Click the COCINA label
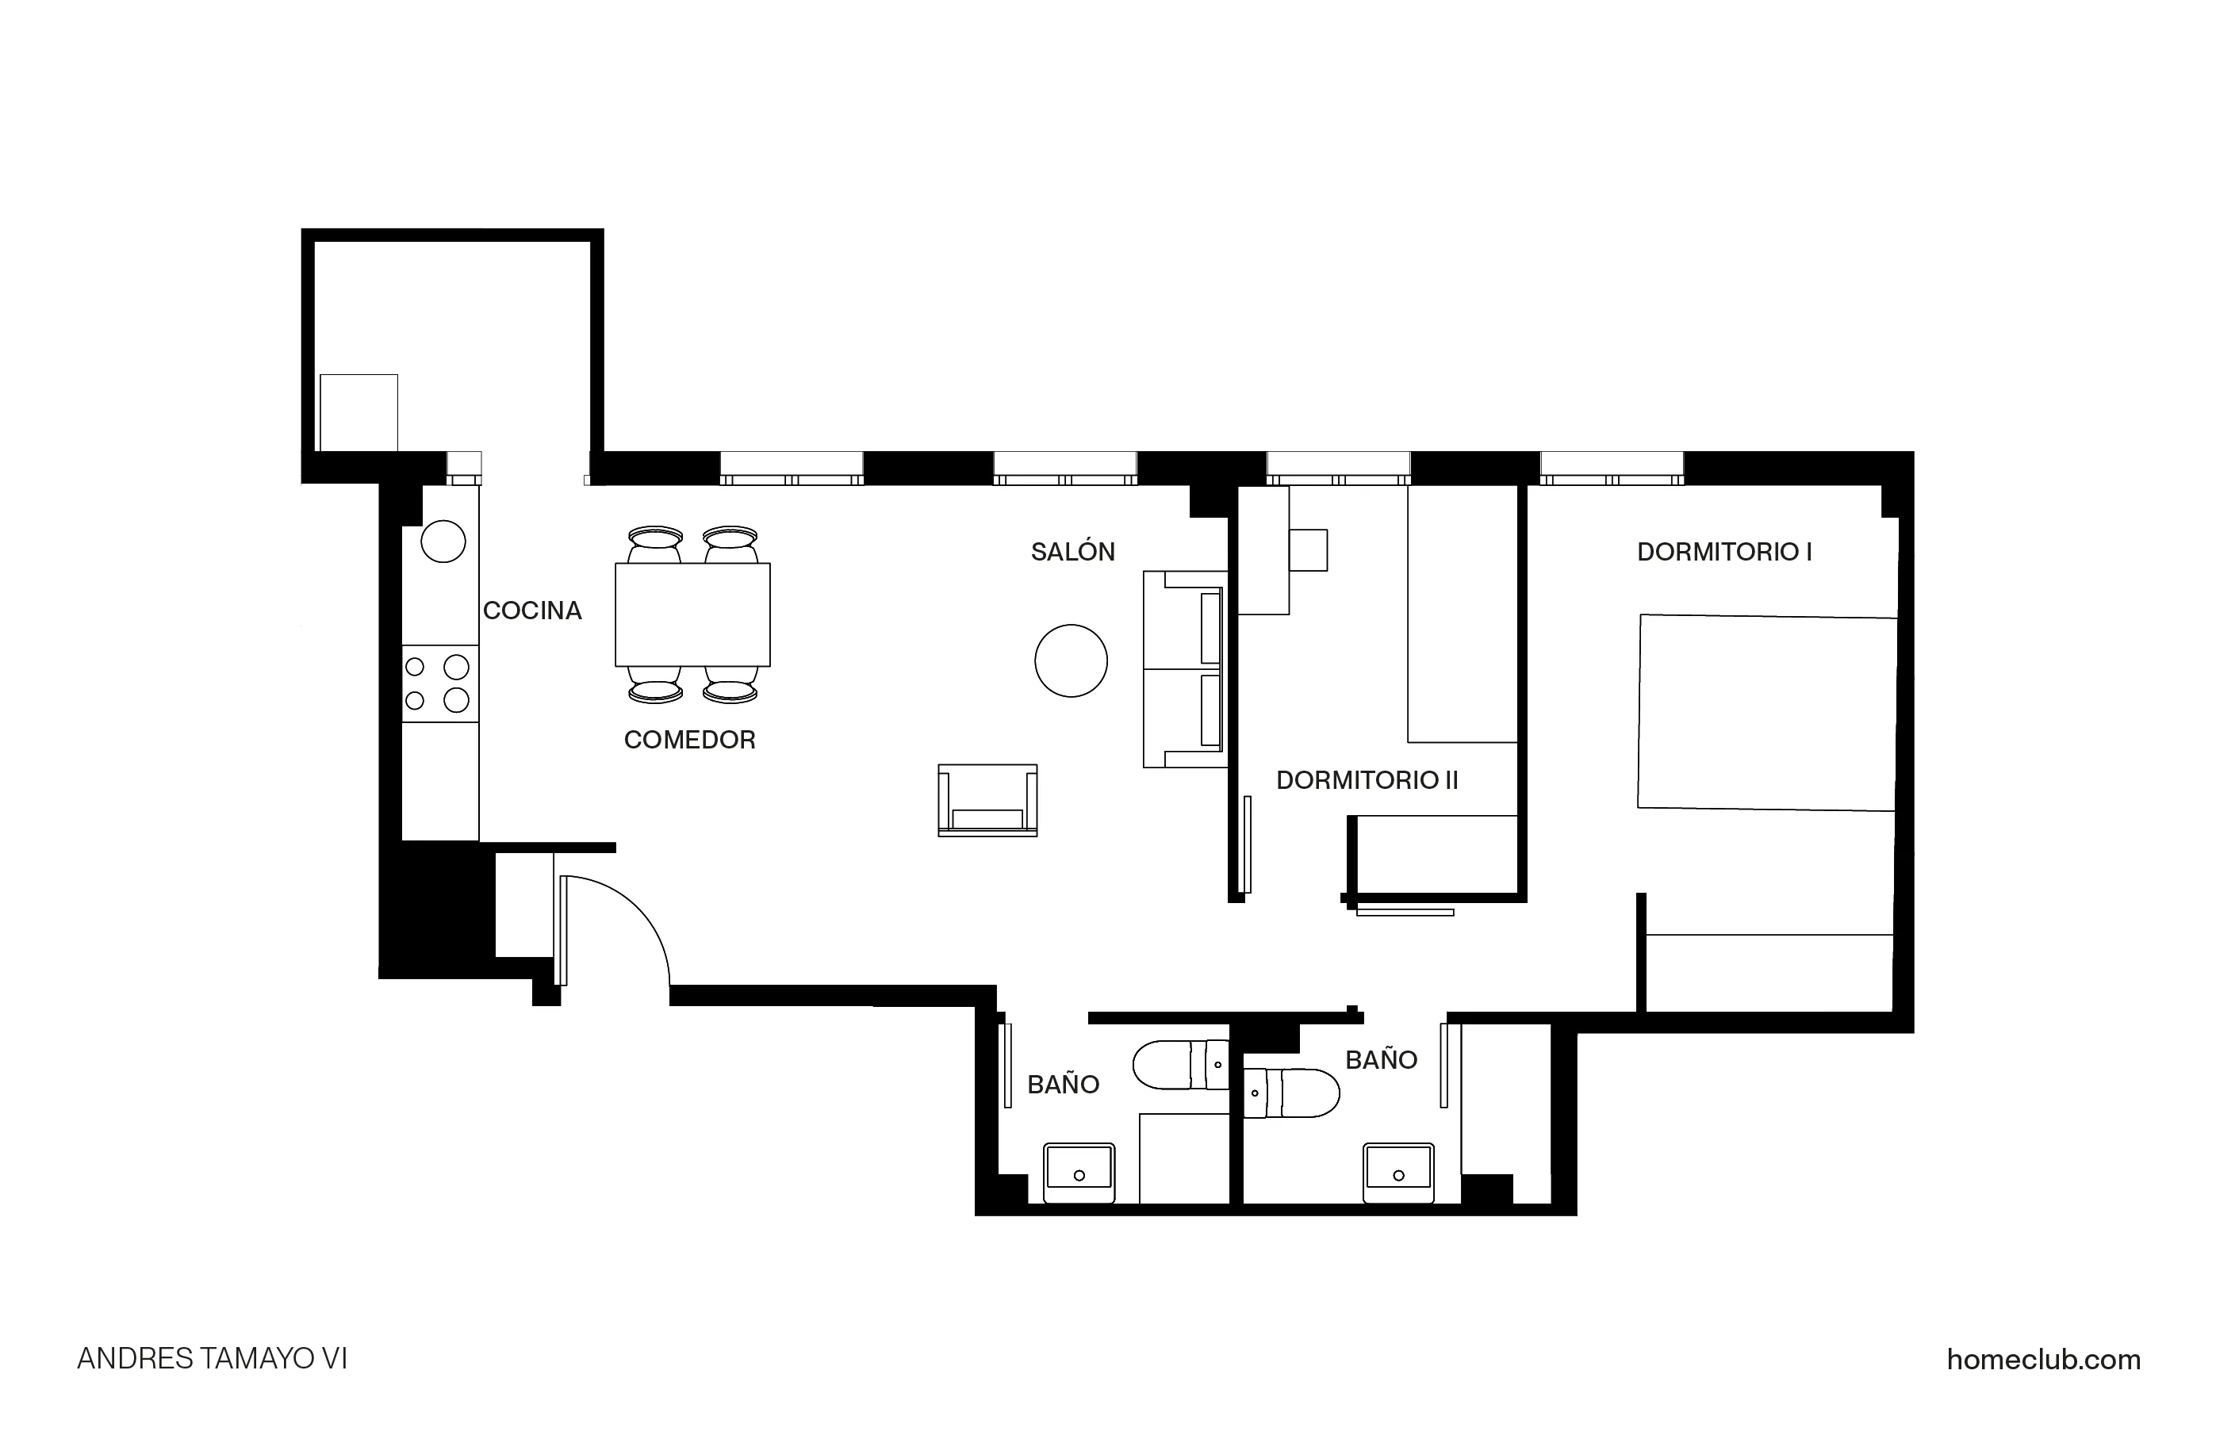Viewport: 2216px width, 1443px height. tap(531, 610)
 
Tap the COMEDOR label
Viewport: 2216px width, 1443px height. tap(689, 740)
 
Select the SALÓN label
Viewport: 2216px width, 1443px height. tap(1072, 552)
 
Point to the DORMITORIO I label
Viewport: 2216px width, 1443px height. tap(1723, 552)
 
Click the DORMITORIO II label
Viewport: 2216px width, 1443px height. tap(1366, 780)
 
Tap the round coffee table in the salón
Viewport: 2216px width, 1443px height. tap(1071, 661)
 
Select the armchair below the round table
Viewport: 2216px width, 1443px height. tap(987, 801)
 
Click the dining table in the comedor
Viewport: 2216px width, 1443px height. tap(692, 614)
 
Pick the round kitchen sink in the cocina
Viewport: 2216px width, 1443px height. tap(443, 541)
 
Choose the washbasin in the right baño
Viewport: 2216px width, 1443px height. tap(1397, 1171)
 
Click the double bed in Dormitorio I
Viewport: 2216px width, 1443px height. tap(1766, 712)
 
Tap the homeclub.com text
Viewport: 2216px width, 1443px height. tap(2043, 1360)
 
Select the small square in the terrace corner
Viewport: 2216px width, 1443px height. tap(358, 412)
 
